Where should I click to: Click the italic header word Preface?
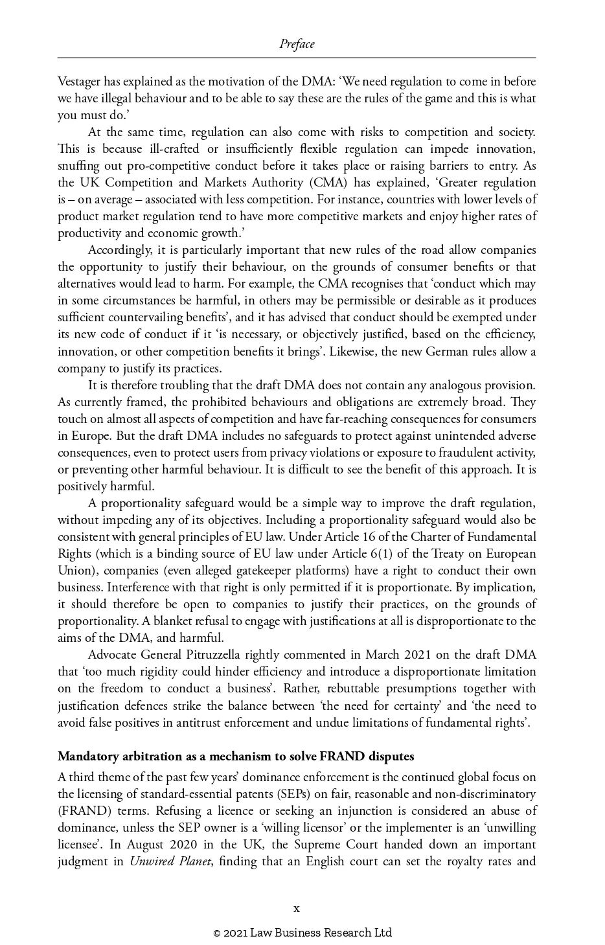tap(297, 44)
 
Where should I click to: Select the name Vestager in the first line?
tap(79, 82)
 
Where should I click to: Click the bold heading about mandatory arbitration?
tap(236, 756)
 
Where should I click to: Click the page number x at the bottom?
tap(297, 908)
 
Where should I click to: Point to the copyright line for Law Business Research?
tap(302, 933)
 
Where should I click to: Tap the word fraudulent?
tap(457, 452)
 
